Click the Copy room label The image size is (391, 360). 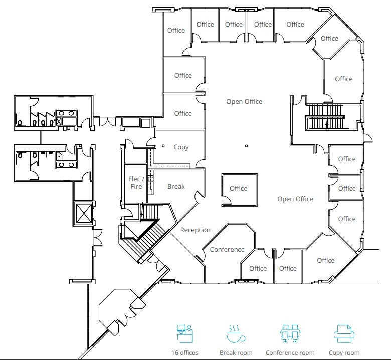pos(181,147)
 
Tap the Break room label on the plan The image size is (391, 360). pos(176,186)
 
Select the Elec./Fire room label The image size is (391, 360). pos(136,183)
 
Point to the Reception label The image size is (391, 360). pos(195,230)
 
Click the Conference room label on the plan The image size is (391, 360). pos(227,250)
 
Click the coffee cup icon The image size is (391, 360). pos(236,334)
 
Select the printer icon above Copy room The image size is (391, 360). pos(344,334)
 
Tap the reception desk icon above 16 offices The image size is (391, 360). pos(185,334)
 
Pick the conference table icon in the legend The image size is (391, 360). pos(290,334)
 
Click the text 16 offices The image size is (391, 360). pos(185,353)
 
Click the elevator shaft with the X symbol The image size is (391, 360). pos(84,213)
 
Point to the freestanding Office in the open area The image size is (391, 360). pos(240,190)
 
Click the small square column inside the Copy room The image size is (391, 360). pos(163,146)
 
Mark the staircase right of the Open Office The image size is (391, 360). pos(325,117)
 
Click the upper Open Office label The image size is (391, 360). pos(244,102)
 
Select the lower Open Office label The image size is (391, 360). pos(295,199)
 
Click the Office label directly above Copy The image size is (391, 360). pos(183,113)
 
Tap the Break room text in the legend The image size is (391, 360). pos(236,353)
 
